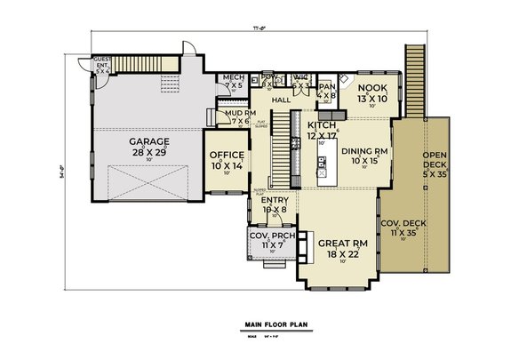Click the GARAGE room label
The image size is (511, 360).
147,141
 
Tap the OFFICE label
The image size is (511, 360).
226,156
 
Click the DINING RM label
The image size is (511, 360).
363,151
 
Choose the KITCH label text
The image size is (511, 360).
321,126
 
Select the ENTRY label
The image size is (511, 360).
274,201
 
